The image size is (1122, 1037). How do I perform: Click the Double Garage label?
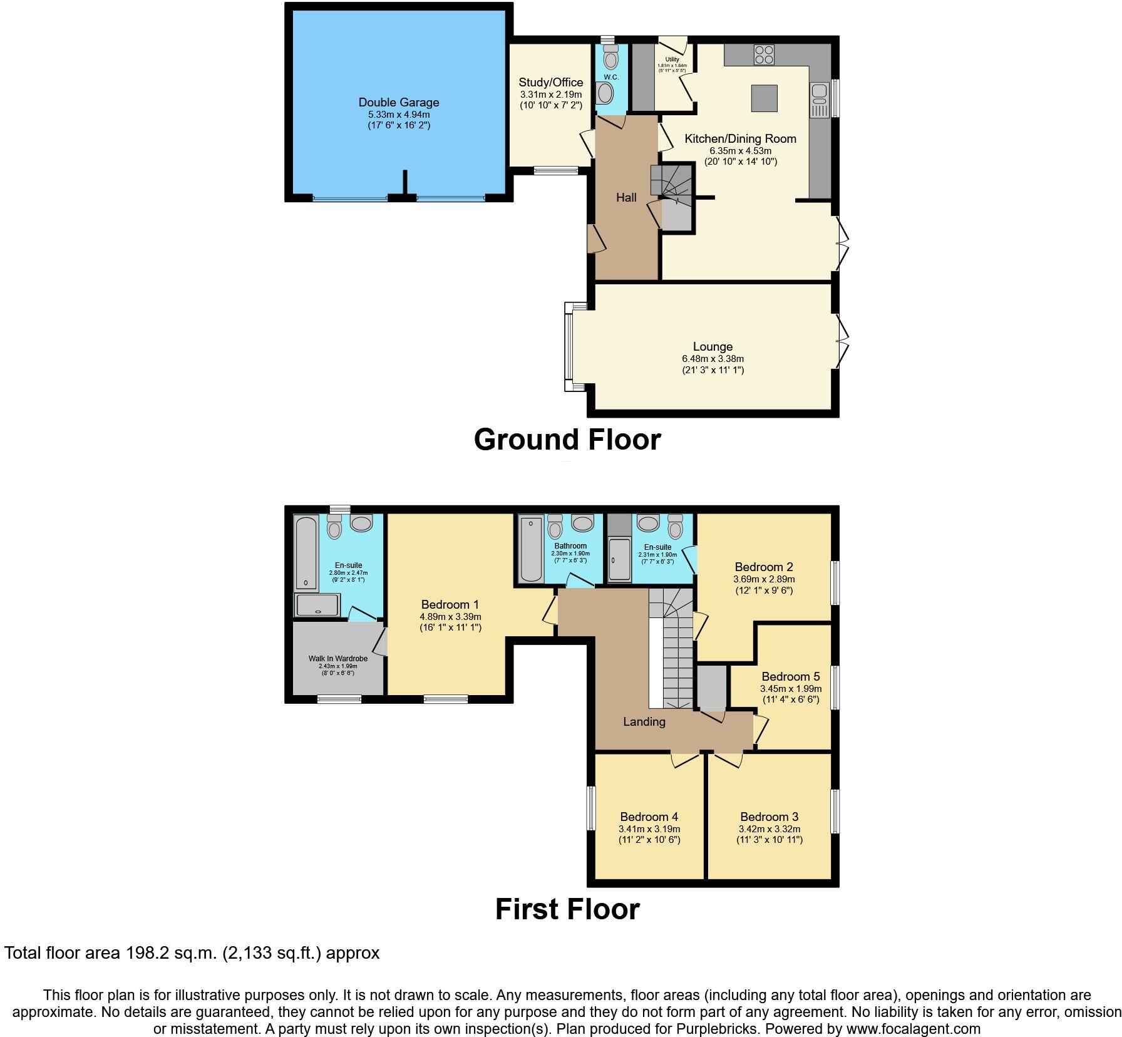click(x=399, y=102)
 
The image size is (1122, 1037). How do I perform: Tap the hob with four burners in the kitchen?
click(x=764, y=54)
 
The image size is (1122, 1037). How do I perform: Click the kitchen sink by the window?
click(x=819, y=100)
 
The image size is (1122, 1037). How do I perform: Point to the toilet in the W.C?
click(x=611, y=58)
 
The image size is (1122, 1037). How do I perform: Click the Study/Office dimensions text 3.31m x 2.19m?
click(x=550, y=95)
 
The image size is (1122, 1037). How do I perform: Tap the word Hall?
click(x=626, y=197)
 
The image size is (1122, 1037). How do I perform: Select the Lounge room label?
click(x=713, y=346)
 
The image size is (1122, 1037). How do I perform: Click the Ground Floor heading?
click(x=567, y=439)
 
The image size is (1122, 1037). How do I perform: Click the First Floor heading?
click(x=567, y=909)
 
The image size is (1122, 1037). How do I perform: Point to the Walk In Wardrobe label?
click(x=337, y=659)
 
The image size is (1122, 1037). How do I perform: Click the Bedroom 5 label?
click(x=790, y=676)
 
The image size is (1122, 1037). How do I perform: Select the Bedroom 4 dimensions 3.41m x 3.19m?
click(x=649, y=829)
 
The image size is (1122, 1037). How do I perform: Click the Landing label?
click(x=644, y=721)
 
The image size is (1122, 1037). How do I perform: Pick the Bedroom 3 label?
click(x=769, y=817)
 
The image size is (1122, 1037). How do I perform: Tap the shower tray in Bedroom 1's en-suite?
click(x=317, y=605)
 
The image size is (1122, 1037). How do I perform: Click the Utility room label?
click(x=672, y=59)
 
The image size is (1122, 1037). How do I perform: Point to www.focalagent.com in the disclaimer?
click(x=910, y=1028)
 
